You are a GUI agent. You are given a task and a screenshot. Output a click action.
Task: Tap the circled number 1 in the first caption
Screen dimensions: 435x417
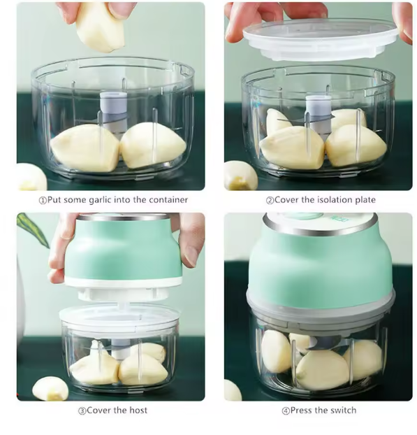click(x=41, y=200)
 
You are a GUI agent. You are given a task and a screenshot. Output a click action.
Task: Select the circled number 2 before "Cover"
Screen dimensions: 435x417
click(x=269, y=200)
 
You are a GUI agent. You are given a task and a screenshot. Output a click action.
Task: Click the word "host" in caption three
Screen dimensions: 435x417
click(x=137, y=410)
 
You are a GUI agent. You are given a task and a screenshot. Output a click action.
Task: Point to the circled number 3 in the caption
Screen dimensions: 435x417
click(x=82, y=411)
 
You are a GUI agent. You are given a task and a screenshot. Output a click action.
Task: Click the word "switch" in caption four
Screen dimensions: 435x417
click(x=342, y=410)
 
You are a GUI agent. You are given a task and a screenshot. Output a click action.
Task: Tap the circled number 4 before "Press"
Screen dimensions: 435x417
click(x=285, y=411)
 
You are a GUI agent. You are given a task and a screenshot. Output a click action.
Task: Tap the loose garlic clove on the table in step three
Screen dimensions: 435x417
click(x=50, y=388)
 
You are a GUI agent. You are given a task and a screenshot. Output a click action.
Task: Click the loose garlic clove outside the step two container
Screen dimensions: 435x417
click(x=240, y=175)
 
